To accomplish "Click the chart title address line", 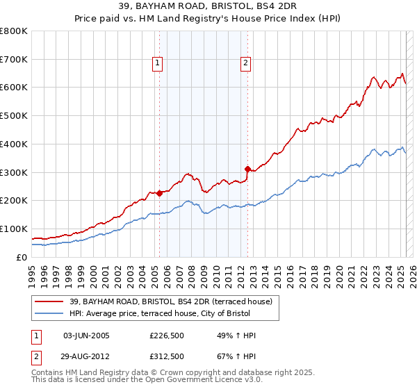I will point(208,7).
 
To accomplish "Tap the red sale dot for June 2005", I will point(159,193).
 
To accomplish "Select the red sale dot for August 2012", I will point(247,168).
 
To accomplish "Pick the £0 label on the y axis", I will point(22,257).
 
